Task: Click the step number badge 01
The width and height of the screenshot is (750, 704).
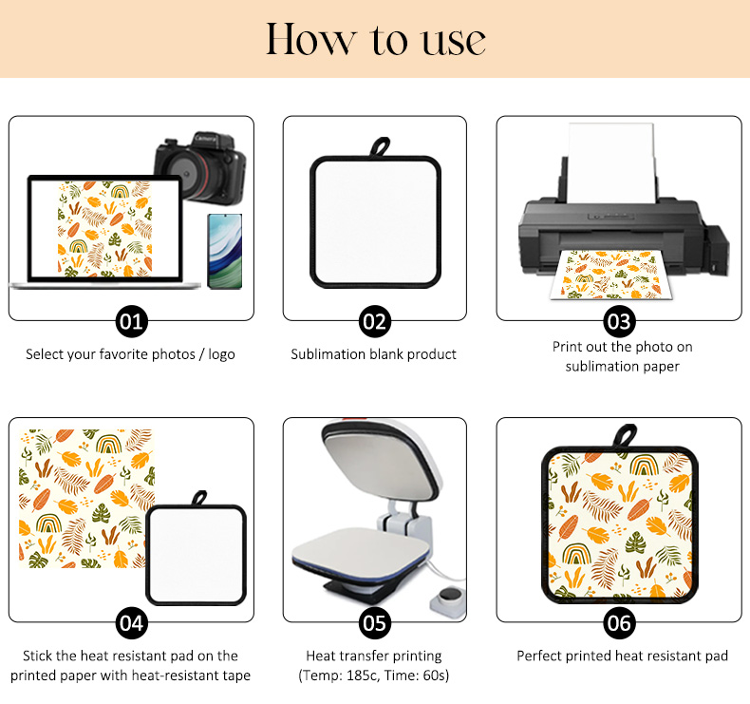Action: [x=131, y=322]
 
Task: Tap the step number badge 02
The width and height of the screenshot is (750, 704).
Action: [x=374, y=322]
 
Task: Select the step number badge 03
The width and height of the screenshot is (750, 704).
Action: [x=619, y=322]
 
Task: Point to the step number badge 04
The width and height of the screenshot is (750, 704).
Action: [x=131, y=623]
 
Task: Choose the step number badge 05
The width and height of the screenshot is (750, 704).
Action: [x=374, y=623]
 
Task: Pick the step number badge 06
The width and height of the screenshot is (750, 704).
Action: [x=619, y=623]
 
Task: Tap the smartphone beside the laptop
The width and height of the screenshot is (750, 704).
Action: [x=225, y=251]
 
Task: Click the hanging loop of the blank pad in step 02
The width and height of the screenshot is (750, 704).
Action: [x=381, y=147]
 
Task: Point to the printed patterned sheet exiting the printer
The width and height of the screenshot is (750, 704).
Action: [x=610, y=275]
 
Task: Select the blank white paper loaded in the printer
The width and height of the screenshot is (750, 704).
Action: [x=611, y=162]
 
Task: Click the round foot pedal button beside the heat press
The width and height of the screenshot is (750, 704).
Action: [x=449, y=595]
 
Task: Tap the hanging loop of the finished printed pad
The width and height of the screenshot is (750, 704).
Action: [x=625, y=436]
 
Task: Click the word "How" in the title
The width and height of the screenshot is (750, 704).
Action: [x=310, y=39]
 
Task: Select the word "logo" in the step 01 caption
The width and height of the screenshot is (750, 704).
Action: [x=221, y=354]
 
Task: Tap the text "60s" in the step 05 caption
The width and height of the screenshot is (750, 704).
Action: [x=434, y=675]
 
